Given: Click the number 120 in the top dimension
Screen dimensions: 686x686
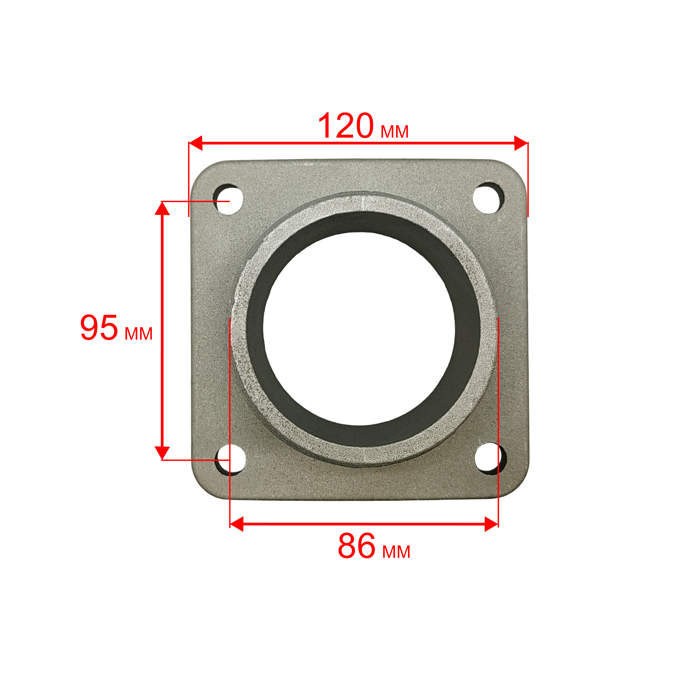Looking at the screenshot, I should coord(346,126).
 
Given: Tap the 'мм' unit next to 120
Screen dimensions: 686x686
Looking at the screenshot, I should coord(395,132).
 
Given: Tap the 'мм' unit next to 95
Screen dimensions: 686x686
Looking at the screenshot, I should coord(138,334).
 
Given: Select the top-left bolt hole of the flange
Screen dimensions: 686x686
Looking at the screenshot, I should coord(228,199).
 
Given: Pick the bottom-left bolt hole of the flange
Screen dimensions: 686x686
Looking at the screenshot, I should coord(231,459).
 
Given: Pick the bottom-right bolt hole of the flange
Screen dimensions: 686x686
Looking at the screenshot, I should coord(488,458).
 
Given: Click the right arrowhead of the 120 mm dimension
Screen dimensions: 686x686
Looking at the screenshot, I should coord(521,143).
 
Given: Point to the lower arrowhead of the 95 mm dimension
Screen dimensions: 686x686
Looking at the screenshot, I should coord(162,453).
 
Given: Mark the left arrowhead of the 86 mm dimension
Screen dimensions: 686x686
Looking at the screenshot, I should coord(237,524).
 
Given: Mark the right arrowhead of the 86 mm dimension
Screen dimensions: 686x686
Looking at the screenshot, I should coord(491,524).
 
